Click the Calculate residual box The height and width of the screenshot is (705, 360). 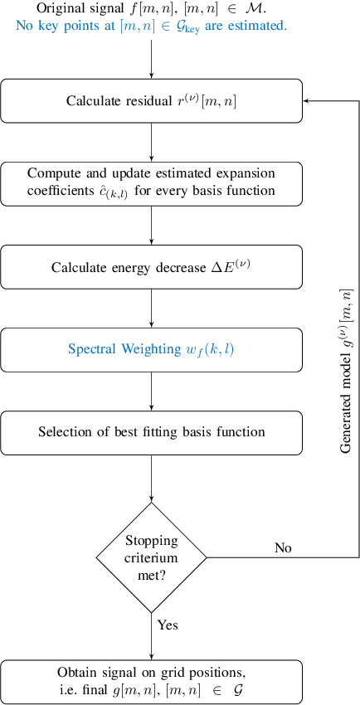[x=152, y=101]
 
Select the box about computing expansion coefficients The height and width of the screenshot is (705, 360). [x=152, y=183]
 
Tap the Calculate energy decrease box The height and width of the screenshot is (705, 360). [x=152, y=266]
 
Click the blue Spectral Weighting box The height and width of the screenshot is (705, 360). [x=152, y=349]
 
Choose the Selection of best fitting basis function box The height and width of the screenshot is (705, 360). [x=152, y=432]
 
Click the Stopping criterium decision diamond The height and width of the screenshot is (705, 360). [x=152, y=557]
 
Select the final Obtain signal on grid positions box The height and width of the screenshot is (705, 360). [x=152, y=681]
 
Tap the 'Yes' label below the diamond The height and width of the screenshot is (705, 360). [x=168, y=625]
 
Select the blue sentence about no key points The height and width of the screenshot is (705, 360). [x=152, y=26]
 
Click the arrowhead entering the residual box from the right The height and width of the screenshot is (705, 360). [x=307, y=100]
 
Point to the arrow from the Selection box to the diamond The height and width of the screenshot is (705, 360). [x=152, y=477]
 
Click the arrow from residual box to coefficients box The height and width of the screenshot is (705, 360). [x=152, y=142]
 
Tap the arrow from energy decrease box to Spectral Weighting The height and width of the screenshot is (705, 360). [x=152, y=308]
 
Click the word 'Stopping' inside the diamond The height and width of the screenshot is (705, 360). [x=152, y=542]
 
